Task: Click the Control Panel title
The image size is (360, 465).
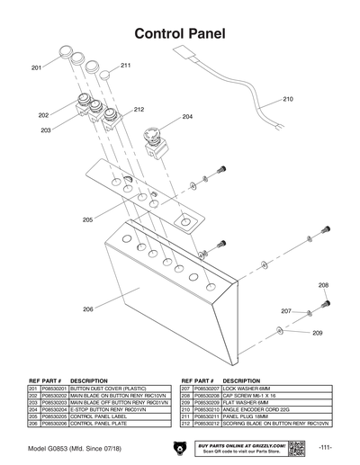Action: click(180, 34)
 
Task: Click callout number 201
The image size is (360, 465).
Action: click(37, 68)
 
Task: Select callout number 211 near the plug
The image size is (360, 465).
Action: click(125, 66)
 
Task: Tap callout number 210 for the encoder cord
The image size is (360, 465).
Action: click(288, 99)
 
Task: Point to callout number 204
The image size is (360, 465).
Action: click(187, 117)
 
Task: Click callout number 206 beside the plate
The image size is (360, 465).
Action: click(88, 309)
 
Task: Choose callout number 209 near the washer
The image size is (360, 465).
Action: click(317, 334)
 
